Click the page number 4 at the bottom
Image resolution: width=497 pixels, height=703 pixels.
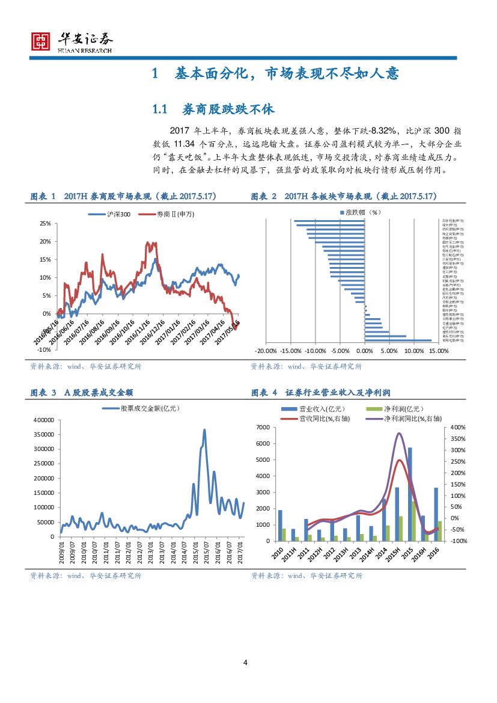click(x=245, y=663)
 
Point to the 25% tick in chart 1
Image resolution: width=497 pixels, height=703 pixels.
click(x=45, y=223)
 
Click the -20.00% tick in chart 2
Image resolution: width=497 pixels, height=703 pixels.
click(x=266, y=351)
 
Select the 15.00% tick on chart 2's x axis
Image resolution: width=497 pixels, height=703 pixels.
click(x=439, y=351)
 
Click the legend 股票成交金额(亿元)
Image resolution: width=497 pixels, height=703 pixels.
click(x=150, y=408)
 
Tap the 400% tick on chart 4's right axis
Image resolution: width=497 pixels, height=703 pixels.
click(x=458, y=428)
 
